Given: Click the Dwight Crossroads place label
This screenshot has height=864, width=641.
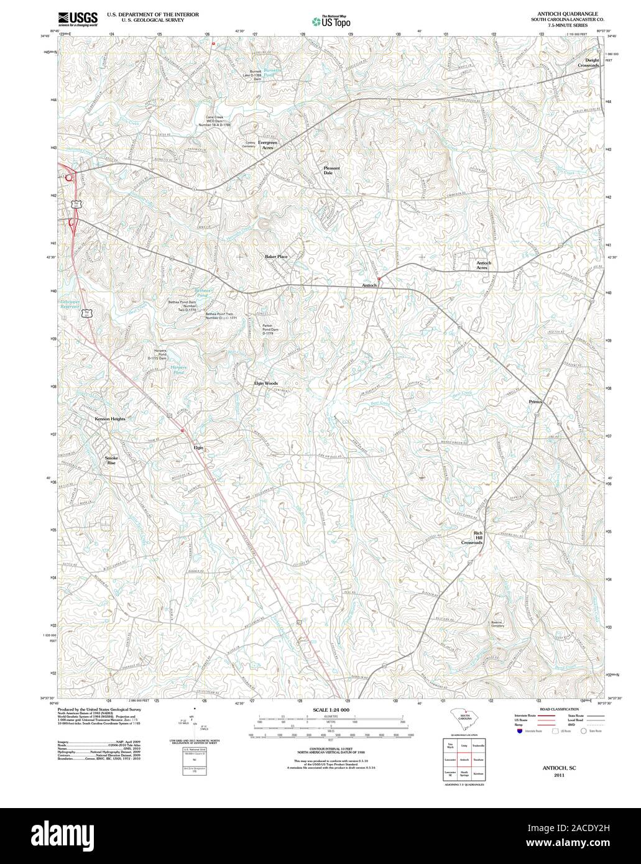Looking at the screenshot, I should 588,63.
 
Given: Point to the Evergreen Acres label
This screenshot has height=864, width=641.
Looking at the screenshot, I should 268,145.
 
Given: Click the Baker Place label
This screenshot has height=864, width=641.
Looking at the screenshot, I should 275,256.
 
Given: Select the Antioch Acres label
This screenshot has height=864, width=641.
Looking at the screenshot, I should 484,265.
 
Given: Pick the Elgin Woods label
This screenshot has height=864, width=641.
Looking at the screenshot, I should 265,384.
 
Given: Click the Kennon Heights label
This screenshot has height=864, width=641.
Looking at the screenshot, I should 110,419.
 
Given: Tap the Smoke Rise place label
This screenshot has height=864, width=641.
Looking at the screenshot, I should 111,461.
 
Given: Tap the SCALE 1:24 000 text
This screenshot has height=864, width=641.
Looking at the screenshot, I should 330,710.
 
